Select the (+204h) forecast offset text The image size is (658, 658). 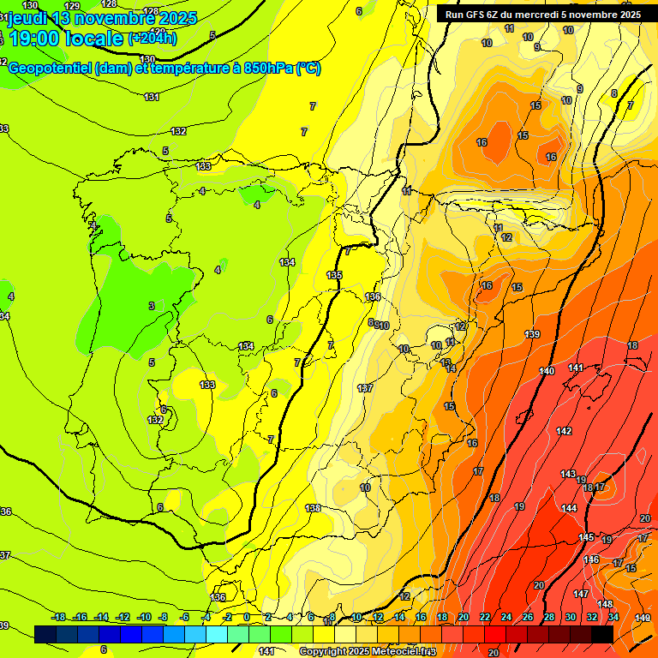(x=153, y=38)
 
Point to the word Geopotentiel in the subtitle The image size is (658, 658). (x=50, y=68)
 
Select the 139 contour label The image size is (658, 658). (x=532, y=334)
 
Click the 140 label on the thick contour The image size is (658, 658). (x=547, y=371)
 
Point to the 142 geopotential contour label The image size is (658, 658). (x=564, y=431)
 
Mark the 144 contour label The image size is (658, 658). (x=569, y=508)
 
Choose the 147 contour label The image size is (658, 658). (x=581, y=594)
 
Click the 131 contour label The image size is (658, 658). (x=152, y=97)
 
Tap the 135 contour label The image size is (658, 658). (x=334, y=275)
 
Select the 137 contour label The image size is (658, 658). (x=365, y=388)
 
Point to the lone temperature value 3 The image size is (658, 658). (x=152, y=306)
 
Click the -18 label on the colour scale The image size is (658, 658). (x=59, y=617)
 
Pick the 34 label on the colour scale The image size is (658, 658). (x=613, y=617)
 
